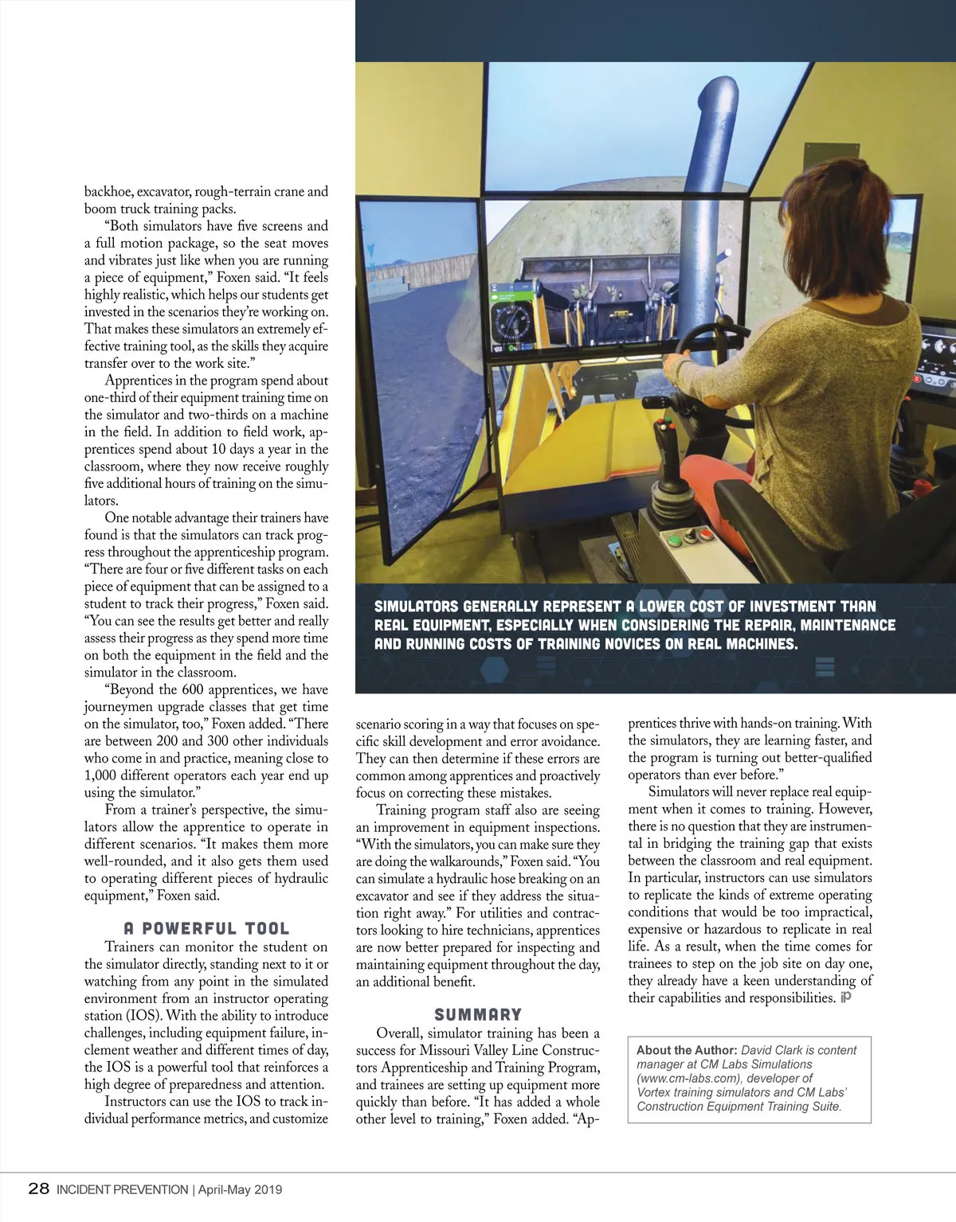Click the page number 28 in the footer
coord(38,1189)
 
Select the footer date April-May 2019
coord(240,1190)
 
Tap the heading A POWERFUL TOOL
coord(206,928)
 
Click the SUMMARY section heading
coord(478,1014)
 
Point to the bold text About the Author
coord(686,1050)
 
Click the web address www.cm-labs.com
coord(692,1078)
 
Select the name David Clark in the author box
coord(775,1050)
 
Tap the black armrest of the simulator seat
coord(765,509)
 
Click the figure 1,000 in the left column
coord(103,775)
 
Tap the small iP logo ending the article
coord(846,998)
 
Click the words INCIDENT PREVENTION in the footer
coord(121,1190)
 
